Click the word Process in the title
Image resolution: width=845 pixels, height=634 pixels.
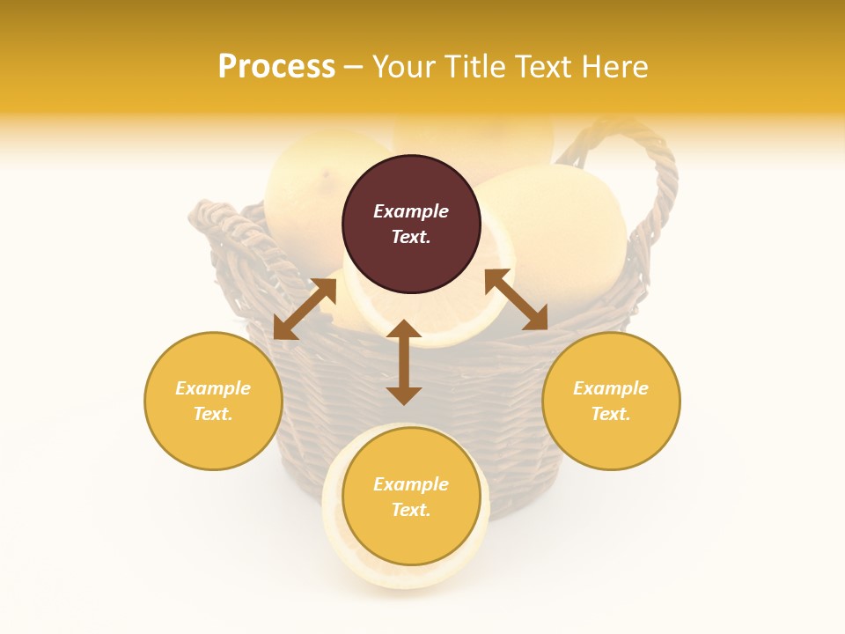276,67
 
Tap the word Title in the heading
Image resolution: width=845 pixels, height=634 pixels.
474,67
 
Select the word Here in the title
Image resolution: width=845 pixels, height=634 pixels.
613,67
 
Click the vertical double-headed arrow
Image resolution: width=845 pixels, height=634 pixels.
404,362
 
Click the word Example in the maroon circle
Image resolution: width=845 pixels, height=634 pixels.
411,211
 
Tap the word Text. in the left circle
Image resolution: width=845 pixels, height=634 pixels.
213,414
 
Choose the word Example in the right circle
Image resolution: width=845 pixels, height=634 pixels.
611,388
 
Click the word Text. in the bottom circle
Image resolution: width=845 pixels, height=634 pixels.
411,510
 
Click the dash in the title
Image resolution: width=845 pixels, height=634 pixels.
354,68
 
